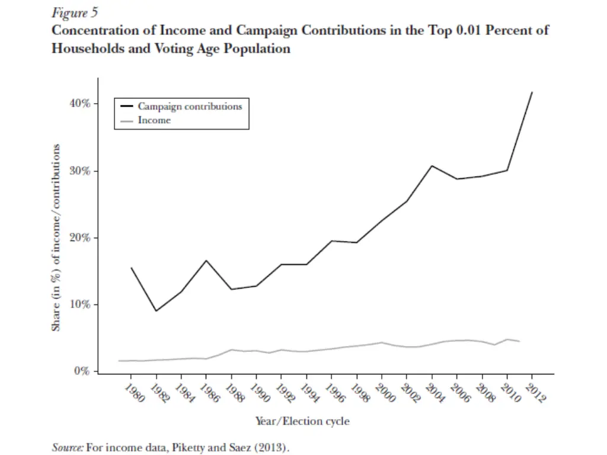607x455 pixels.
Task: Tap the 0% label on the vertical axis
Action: click(82, 371)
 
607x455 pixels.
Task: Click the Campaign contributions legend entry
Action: click(190, 107)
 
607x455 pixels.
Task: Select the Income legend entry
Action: click(154, 120)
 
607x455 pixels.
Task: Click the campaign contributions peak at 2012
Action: click(532, 92)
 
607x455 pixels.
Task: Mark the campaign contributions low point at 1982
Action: click(156, 310)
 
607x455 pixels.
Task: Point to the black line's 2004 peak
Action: click(432, 166)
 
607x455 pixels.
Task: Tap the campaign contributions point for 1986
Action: click(206, 260)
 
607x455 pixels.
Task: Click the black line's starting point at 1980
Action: click(131, 268)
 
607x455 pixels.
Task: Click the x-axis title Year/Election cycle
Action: click(302, 421)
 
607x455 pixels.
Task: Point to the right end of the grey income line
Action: click(519, 341)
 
